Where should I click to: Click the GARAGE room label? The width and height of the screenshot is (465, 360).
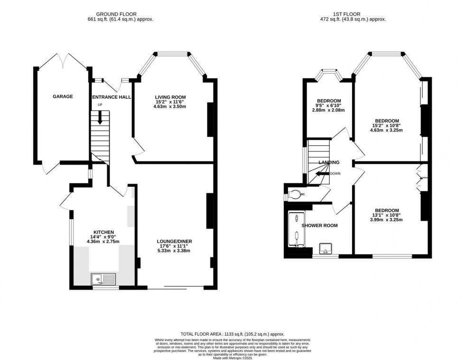(x=63, y=96)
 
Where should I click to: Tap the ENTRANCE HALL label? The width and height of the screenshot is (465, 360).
(x=111, y=97)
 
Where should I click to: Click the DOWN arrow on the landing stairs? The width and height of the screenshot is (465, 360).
(x=323, y=173)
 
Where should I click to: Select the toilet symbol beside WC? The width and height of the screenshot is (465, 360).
(x=295, y=194)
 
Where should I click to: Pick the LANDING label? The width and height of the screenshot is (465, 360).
(x=329, y=162)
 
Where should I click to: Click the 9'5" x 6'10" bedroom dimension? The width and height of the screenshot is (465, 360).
(x=329, y=105)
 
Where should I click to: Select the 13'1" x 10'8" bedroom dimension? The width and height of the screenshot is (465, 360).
(x=387, y=215)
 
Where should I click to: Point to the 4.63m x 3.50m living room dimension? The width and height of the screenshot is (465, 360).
(x=169, y=106)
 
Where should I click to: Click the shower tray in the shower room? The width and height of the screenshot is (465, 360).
(x=296, y=230)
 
